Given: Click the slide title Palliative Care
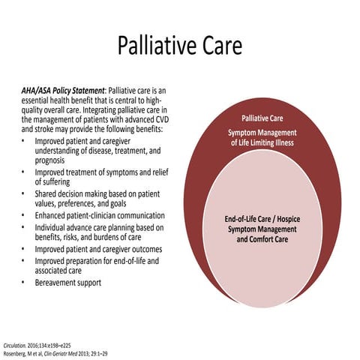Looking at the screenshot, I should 180,46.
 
